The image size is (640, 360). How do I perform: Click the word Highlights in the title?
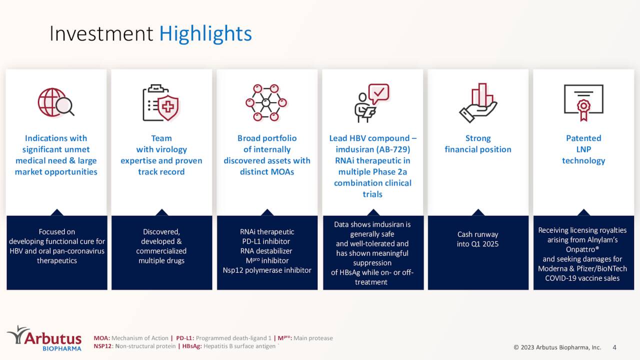[x=205, y=33]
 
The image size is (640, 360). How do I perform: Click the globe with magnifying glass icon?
[x=55, y=102]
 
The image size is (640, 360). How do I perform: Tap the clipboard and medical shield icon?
[x=161, y=102]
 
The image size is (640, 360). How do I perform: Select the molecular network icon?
[x=266, y=102]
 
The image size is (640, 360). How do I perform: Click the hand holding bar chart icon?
[x=477, y=102]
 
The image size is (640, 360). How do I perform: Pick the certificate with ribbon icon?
[x=583, y=102]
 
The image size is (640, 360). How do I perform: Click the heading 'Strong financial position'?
[x=478, y=144]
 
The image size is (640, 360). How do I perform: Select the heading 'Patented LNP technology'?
[x=583, y=149]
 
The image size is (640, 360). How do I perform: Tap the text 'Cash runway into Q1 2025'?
[x=477, y=239]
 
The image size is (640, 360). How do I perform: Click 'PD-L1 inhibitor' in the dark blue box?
[x=266, y=241]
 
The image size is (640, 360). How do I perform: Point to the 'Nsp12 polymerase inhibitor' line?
[x=267, y=270]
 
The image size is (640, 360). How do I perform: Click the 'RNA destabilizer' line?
[x=266, y=251]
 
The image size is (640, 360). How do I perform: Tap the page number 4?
[x=614, y=347]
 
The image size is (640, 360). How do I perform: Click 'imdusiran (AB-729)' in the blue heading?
[x=372, y=149]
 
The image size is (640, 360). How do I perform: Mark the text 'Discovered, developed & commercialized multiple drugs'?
[x=161, y=246]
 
